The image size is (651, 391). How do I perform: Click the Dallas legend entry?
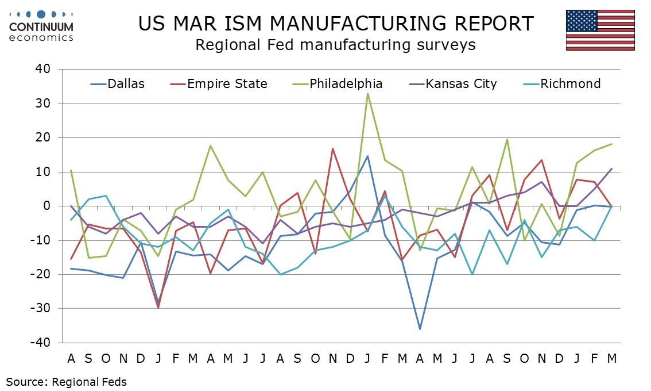(118, 84)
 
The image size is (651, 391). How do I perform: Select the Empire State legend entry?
(219, 84)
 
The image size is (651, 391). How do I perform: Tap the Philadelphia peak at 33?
(367, 93)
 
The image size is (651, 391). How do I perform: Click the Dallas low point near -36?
(420, 329)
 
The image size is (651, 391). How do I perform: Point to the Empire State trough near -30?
(158, 308)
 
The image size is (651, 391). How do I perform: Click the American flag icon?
(600, 29)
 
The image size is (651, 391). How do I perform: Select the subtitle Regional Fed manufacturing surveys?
(335, 45)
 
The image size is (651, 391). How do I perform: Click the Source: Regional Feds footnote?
(67, 381)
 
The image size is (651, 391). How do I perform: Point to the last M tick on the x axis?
(612, 358)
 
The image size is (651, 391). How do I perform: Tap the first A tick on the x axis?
(71, 358)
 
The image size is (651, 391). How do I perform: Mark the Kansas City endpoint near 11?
(612, 168)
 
